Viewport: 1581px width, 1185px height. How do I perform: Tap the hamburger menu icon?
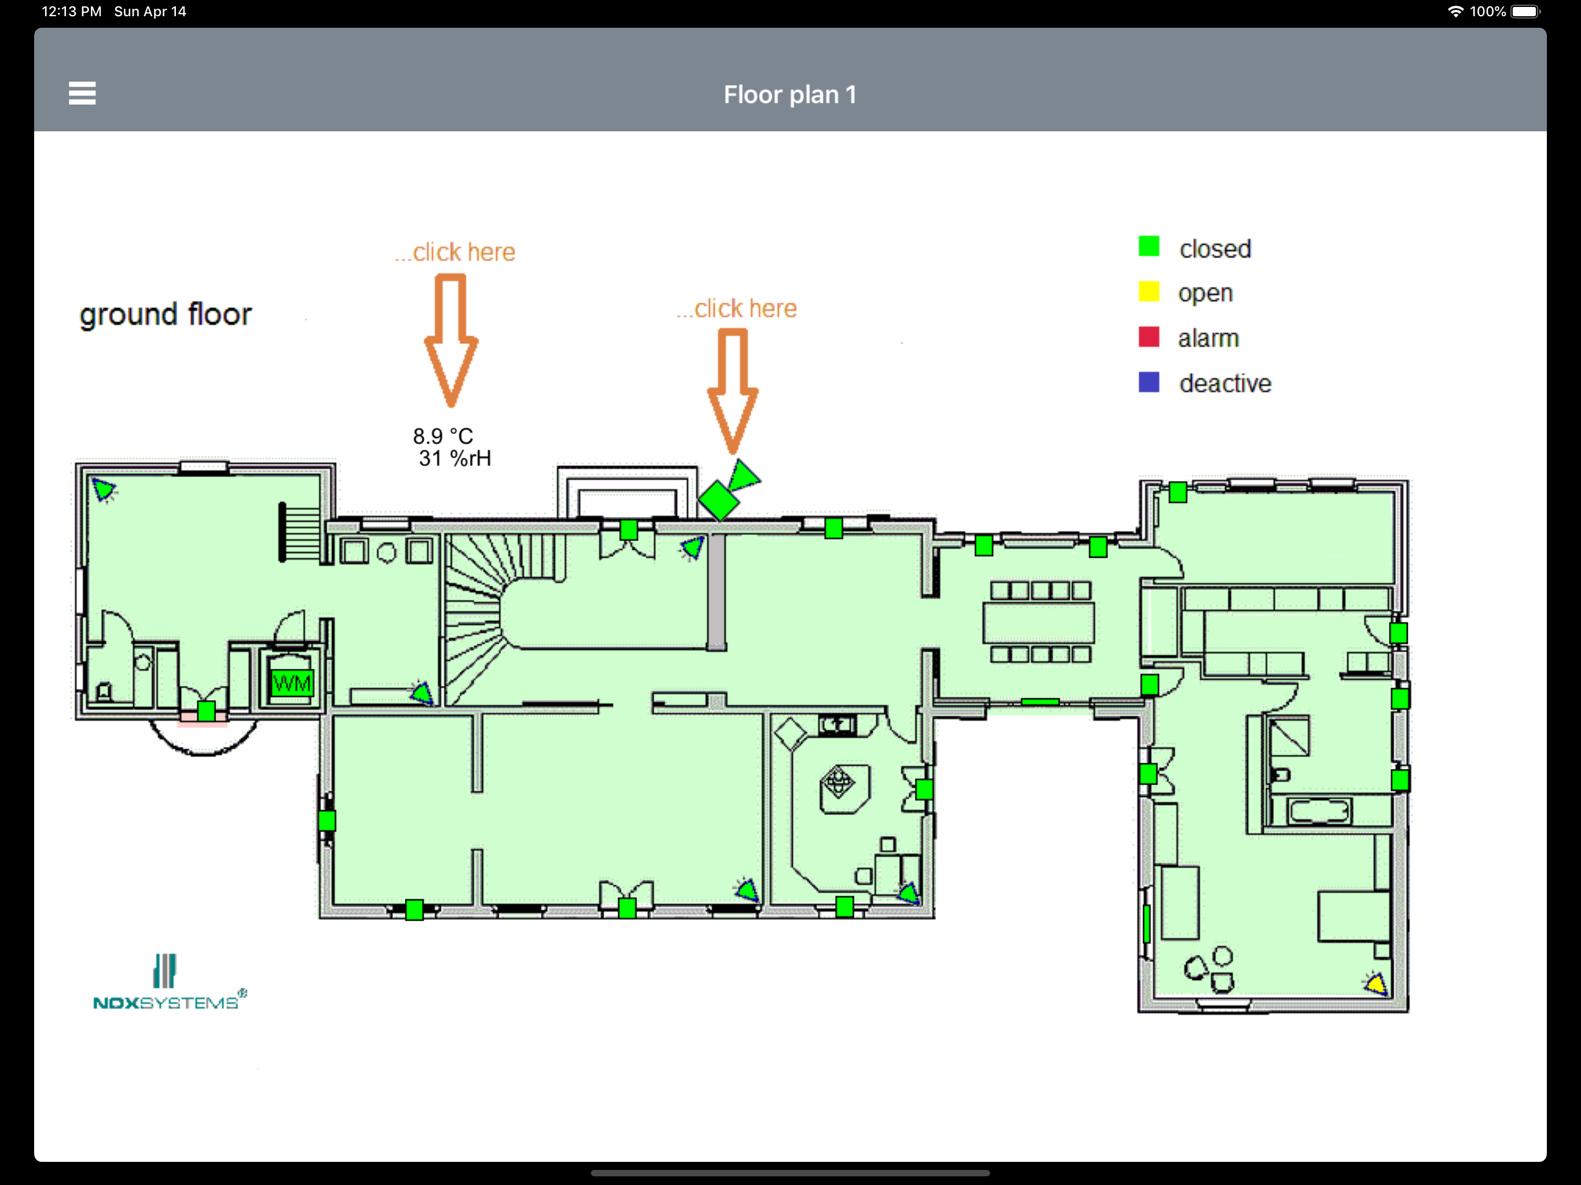[82, 93]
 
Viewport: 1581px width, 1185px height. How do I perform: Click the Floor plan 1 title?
[790, 94]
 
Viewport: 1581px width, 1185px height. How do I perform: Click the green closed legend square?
[1149, 246]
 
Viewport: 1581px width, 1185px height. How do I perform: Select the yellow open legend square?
[1149, 292]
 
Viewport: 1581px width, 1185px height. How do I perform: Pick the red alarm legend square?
[1149, 337]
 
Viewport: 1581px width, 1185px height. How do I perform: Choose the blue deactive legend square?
[1149, 382]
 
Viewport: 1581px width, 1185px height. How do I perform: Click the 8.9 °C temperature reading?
[443, 436]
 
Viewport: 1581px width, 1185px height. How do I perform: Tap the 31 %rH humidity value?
[455, 458]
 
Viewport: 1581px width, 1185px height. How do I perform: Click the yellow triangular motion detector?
[1376, 984]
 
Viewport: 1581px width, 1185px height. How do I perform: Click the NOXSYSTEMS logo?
[170, 982]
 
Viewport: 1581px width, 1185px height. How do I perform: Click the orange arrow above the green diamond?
[733, 390]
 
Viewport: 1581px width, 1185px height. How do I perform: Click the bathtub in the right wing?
[1319, 811]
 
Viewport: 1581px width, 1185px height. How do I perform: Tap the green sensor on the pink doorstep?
[206, 711]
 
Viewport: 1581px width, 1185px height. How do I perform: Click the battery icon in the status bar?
[1526, 12]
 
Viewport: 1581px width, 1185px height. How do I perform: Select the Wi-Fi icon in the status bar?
[1455, 12]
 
